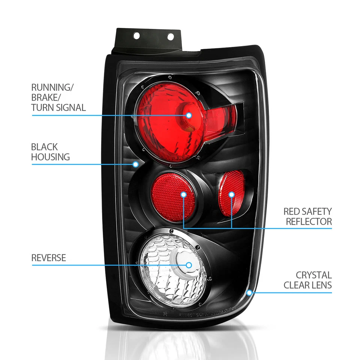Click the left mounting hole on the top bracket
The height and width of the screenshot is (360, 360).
click(136, 36)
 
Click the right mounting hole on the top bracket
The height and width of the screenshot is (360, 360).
click(170, 37)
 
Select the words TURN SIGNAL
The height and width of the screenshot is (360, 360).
click(58, 108)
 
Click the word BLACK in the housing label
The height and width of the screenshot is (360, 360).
click(44, 147)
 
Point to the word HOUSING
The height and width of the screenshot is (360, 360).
click(50, 157)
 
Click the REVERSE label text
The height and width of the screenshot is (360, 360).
click(48, 258)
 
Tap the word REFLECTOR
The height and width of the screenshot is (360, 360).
click(309, 222)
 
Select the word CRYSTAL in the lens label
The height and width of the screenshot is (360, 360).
click(313, 275)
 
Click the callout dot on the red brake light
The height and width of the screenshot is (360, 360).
click(189, 115)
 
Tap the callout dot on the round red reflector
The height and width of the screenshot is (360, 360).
click(183, 194)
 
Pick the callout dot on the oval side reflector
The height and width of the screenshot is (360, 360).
click(231, 194)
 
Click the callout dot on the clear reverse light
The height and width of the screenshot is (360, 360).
click(189, 265)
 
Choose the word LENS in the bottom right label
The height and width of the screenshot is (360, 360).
click(322, 285)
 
